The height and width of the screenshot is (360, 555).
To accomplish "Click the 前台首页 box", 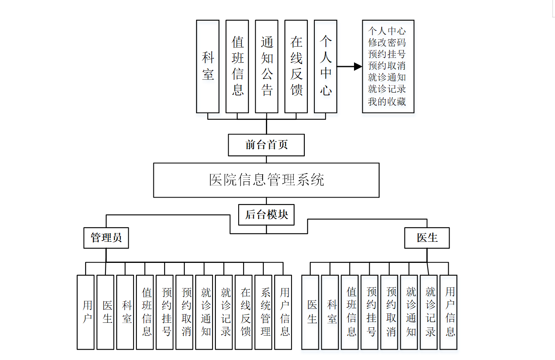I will pos(266,145).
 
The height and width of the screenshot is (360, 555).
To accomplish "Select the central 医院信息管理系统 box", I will pos(266,180).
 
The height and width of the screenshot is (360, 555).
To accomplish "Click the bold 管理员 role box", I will pos(106,238).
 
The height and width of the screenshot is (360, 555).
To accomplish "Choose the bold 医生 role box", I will pos(427,238).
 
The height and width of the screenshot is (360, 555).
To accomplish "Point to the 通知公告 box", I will pos(267,66).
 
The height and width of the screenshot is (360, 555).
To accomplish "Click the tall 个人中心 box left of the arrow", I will pos(325,66).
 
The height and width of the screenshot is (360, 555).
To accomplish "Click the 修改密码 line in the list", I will pos(387,43).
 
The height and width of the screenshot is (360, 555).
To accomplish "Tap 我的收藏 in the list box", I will pos(387,101).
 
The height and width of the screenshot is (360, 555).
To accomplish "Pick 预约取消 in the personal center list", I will pos(387,66).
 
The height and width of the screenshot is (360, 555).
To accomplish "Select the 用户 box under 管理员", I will pos(86,312).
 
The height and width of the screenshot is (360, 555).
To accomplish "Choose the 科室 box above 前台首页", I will pos(208,66).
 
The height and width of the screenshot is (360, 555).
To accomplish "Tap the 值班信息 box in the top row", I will pos(237,66).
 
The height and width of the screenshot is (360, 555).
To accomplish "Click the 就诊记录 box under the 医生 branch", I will pos(429,312).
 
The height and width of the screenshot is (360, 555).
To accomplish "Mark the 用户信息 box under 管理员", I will pos(283,312).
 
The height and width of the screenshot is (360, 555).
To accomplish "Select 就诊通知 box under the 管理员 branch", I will pos(204,312).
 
